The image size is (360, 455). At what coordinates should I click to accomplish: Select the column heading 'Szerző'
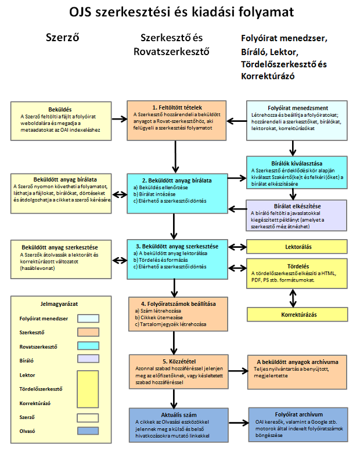62,38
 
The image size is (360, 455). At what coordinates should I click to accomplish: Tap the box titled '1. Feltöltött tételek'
176,120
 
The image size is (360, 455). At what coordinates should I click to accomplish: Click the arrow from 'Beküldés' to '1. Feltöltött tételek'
119,119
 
